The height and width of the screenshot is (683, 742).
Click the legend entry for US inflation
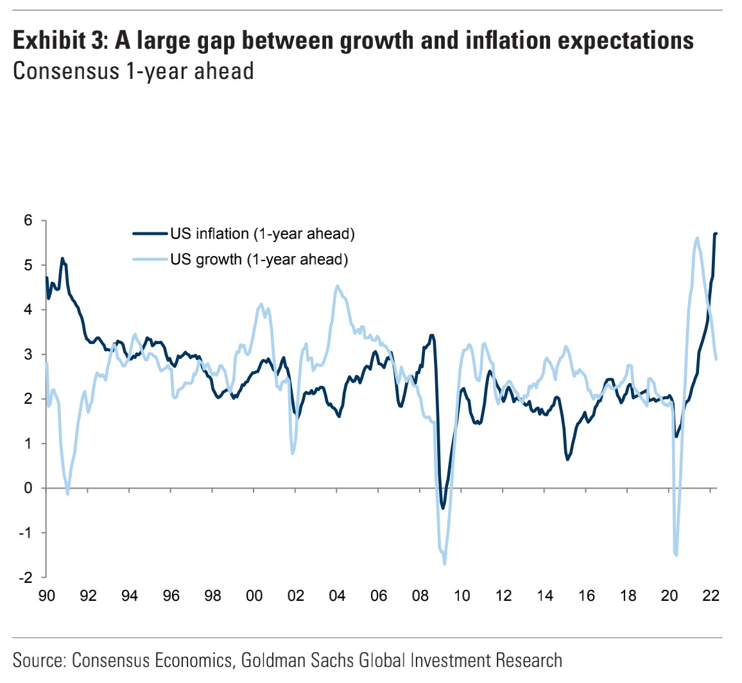[262, 234]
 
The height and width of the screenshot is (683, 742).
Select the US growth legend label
[259, 259]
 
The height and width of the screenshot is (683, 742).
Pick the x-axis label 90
[46, 596]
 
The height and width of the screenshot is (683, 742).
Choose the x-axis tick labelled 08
[420, 596]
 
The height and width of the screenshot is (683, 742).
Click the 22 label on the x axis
[711, 596]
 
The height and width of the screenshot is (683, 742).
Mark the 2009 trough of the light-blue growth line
[444, 564]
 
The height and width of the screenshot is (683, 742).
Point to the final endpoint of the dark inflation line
[716, 233]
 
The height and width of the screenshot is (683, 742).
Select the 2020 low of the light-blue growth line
[677, 555]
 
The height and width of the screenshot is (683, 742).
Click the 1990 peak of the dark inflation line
[62, 259]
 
